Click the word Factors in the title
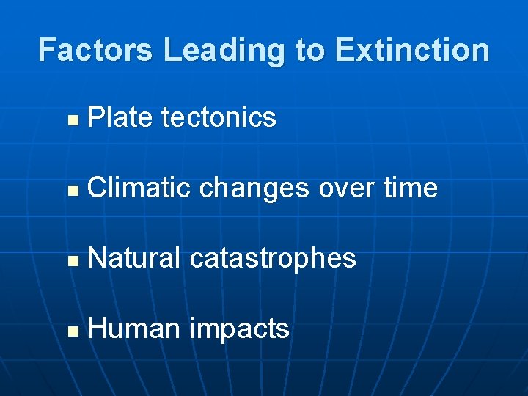point(96,51)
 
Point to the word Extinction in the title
point(412,51)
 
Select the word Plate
point(120,117)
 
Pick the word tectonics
point(218,117)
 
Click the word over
point(346,188)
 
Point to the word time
point(411,188)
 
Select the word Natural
point(133,258)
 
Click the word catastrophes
point(273,259)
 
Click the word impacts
point(239,330)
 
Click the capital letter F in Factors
point(47,51)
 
